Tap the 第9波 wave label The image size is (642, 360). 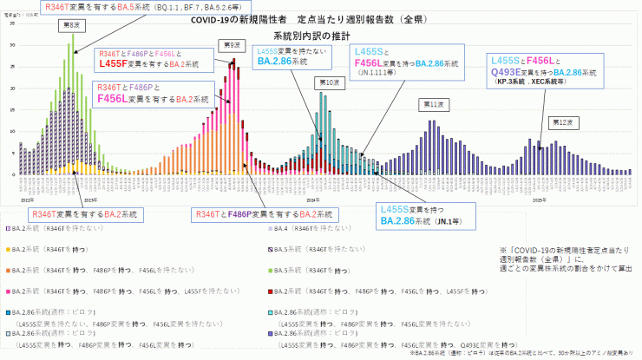230,45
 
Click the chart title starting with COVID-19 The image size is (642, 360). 320,20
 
